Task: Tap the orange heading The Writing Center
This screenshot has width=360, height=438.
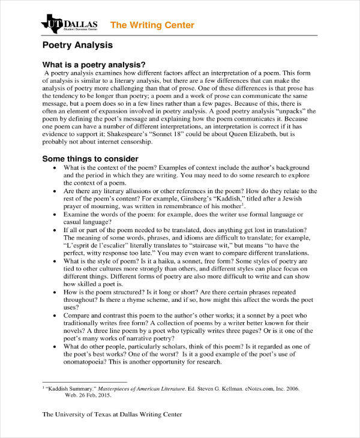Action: click(152, 25)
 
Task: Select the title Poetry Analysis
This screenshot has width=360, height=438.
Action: click(77, 46)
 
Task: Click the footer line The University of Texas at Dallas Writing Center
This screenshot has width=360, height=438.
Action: click(112, 415)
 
